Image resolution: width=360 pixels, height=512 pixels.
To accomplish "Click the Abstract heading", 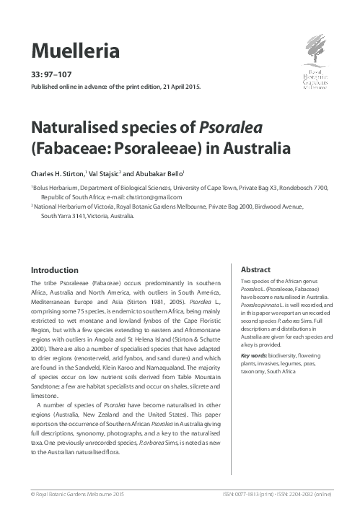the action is [255, 268].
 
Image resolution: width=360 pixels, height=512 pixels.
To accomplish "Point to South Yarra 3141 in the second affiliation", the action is [64, 214].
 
